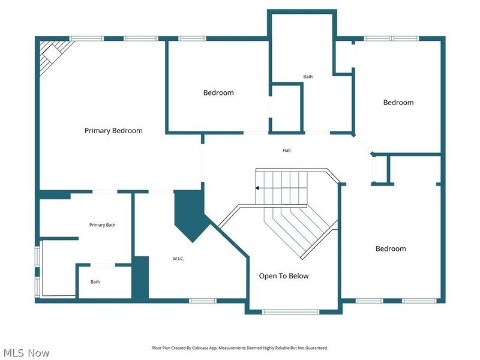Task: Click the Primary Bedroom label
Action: pyautogui.click(x=113, y=130)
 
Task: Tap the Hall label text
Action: pyautogui.click(x=287, y=150)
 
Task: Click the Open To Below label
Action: pyautogui.click(x=284, y=276)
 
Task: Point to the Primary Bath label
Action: pyautogui.click(x=102, y=225)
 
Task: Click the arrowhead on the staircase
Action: pyautogui.click(x=257, y=188)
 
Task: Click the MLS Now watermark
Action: pyautogui.click(x=27, y=353)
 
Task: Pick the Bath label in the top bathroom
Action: pyautogui.click(x=308, y=77)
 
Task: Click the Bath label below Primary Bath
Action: pyautogui.click(x=95, y=282)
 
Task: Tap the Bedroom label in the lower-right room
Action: pyautogui.click(x=391, y=248)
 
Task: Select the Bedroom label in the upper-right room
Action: pyautogui.click(x=398, y=103)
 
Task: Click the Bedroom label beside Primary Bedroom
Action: pyautogui.click(x=218, y=93)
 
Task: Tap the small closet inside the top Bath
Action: pyautogui.click(x=286, y=108)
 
